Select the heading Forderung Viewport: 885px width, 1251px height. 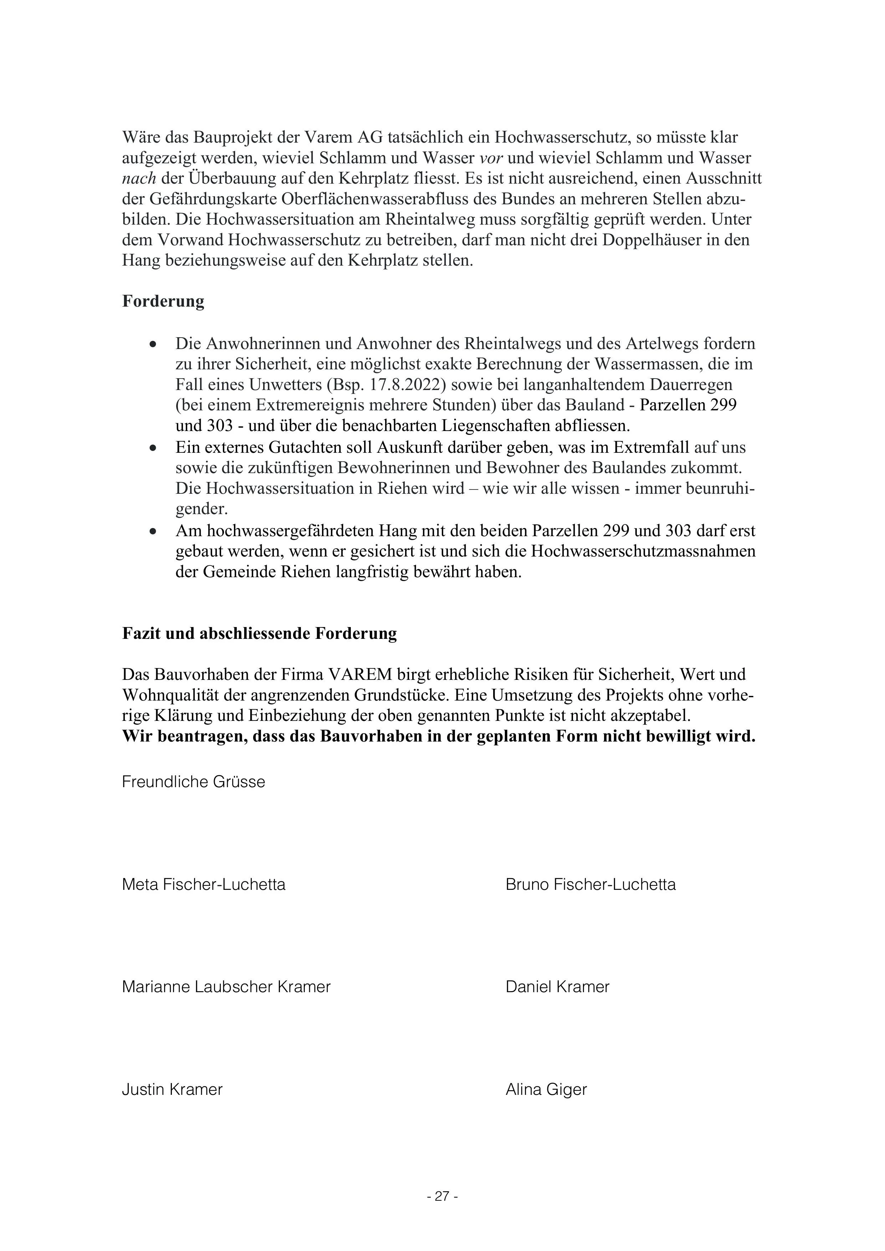point(163,301)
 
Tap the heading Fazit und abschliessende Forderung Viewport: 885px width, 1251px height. point(259,633)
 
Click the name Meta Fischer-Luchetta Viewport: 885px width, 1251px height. point(203,884)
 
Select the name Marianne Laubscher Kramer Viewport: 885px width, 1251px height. point(226,986)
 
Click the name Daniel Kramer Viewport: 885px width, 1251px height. point(557,986)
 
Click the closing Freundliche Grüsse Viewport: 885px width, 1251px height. point(194,782)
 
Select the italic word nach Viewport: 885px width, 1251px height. point(139,179)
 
